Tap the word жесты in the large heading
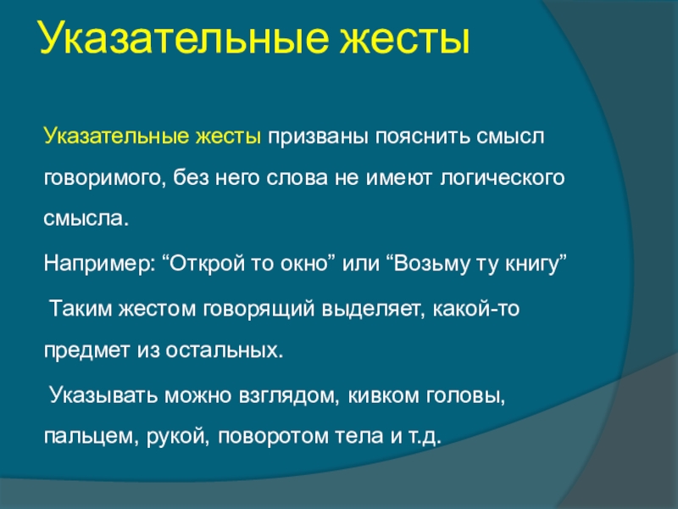pos(405,41)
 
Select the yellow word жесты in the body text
pos(229,137)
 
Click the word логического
pos(502,179)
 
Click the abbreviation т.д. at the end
pos(425,437)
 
